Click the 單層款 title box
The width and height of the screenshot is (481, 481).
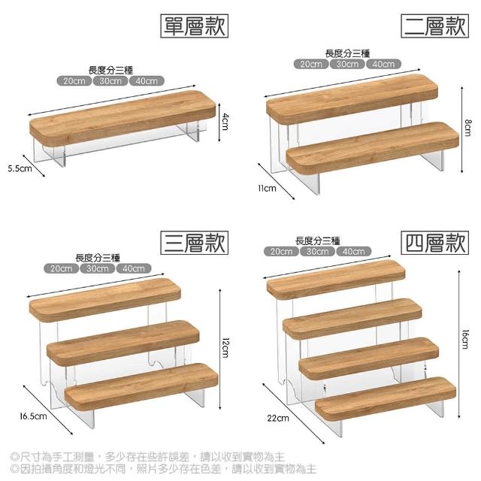(x=194, y=26)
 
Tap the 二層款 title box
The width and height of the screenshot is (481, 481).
(x=434, y=26)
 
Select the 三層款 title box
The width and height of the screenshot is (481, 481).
(x=194, y=243)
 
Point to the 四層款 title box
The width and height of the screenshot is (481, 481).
(x=434, y=243)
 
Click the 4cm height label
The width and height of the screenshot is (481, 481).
(x=225, y=122)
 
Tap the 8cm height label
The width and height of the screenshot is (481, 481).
(x=467, y=127)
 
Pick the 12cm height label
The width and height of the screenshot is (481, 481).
(x=225, y=348)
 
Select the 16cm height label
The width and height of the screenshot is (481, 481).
(x=465, y=339)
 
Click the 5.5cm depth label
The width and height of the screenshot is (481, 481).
(x=20, y=168)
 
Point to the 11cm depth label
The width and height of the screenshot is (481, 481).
(x=267, y=188)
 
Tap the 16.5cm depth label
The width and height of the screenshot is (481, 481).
(x=33, y=416)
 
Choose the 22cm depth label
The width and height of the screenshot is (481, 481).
(x=278, y=418)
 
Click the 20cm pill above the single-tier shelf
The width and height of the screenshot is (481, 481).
(x=74, y=81)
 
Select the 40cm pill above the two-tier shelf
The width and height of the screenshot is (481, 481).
(x=383, y=64)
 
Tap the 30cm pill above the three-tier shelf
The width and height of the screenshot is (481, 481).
(x=97, y=268)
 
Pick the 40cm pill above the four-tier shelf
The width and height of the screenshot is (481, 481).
(x=354, y=252)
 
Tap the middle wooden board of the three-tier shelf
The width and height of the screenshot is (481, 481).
(x=123, y=343)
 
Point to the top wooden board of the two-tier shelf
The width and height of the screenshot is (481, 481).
(x=352, y=99)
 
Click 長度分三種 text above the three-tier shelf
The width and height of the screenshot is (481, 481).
(x=98, y=258)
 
